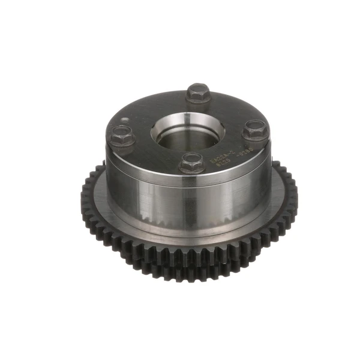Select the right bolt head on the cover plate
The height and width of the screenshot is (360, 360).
pos(256,128)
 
